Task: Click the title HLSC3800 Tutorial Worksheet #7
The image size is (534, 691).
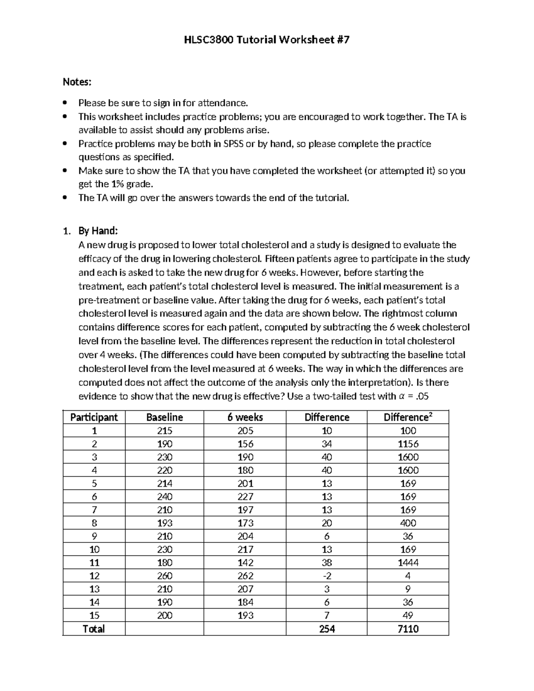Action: [267, 40]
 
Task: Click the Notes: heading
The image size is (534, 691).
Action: [77, 82]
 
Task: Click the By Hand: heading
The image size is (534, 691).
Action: [98, 231]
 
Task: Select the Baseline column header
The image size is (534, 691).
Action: [165, 417]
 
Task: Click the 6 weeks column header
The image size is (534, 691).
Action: [245, 417]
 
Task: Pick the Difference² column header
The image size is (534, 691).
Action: [408, 417]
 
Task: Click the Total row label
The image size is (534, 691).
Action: [94, 629]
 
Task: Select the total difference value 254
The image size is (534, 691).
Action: [327, 629]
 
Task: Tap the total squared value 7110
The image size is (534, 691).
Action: [408, 629]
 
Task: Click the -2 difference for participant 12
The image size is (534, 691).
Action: [327, 576]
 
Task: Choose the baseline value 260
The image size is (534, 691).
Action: [165, 576]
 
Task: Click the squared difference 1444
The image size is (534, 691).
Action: [408, 562]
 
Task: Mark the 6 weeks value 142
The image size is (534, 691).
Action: [245, 562]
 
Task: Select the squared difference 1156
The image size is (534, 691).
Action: [408, 444]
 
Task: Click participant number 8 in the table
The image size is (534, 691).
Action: [94, 523]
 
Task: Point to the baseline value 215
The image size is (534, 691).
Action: [165, 431]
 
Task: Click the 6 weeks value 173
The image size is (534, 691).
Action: [245, 523]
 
